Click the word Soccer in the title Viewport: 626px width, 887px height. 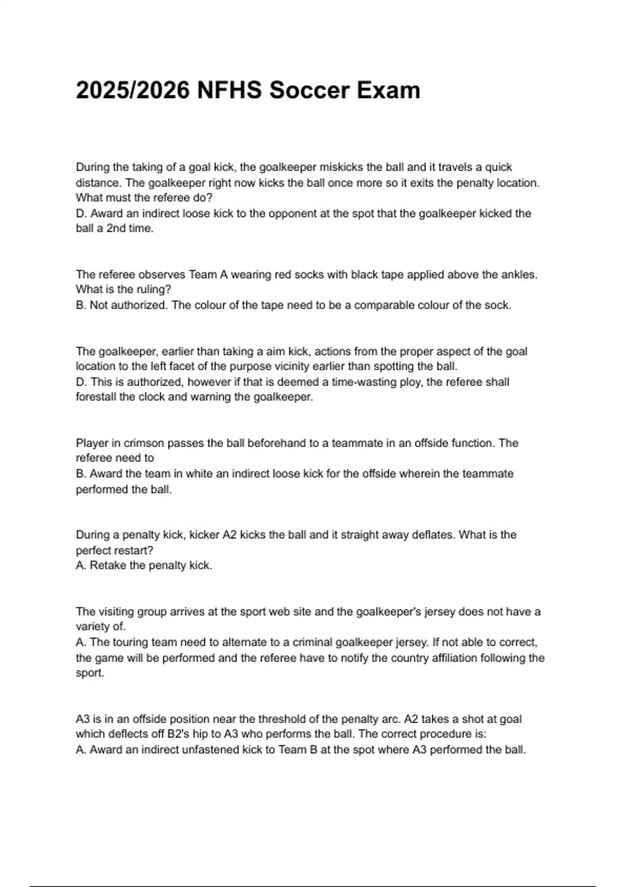[x=309, y=90]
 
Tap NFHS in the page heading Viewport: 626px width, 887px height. [x=230, y=90]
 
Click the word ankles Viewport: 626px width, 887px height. [x=518, y=274]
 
